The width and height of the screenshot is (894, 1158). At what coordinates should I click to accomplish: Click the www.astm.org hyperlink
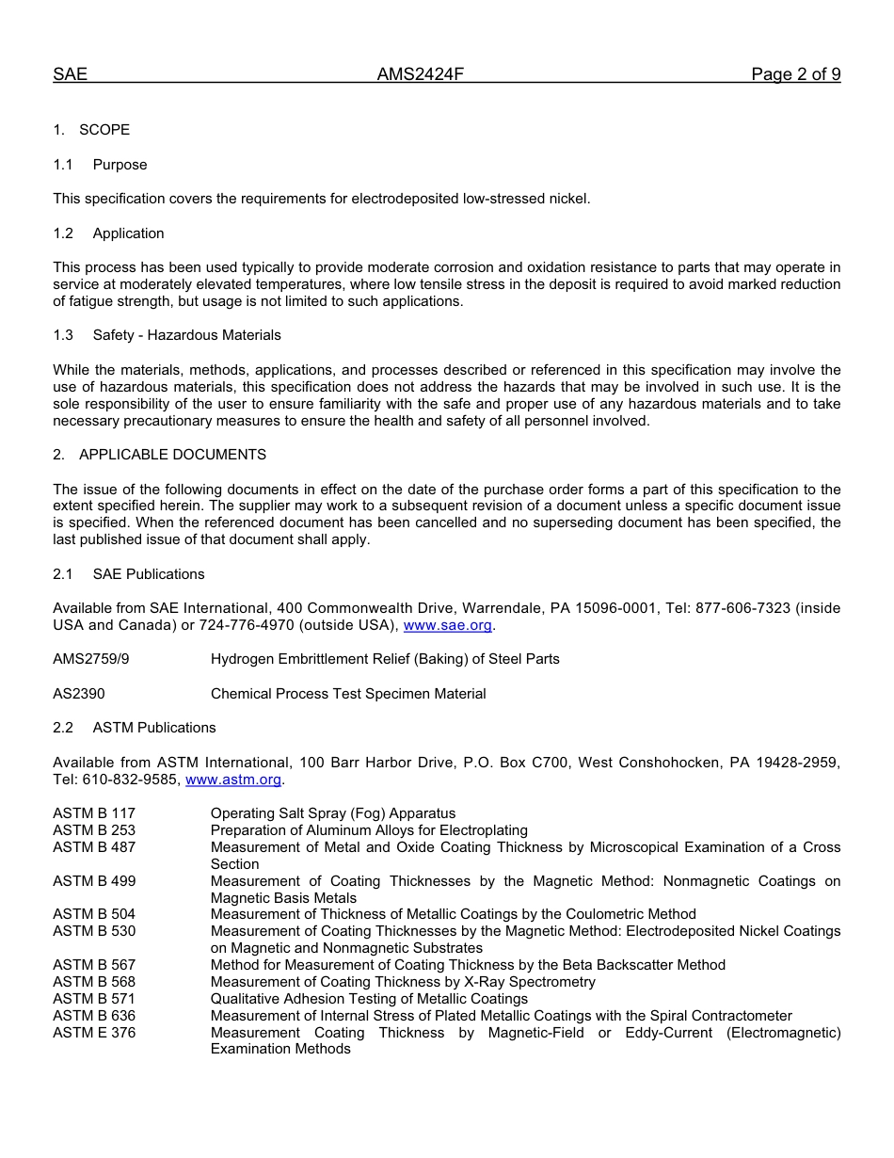tap(233, 780)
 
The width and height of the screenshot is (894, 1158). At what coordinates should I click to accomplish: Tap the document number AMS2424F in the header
tap(420, 74)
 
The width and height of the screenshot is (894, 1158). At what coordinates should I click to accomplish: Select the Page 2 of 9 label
tap(795, 74)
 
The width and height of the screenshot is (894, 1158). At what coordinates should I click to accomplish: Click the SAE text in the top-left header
tap(70, 74)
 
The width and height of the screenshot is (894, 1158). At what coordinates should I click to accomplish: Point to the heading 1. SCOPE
tap(91, 130)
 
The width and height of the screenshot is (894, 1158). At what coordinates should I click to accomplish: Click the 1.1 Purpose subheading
tap(101, 165)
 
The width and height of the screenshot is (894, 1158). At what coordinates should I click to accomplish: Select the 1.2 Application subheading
tap(108, 233)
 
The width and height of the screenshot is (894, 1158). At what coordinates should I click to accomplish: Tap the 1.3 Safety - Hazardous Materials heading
tap(167, 335)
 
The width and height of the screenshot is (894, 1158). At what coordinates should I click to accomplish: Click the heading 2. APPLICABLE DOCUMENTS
tap(159, 455)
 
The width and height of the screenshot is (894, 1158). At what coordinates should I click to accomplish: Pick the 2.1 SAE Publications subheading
tap(129, 574)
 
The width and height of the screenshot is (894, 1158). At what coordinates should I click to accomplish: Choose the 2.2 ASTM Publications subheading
tap(135, 728)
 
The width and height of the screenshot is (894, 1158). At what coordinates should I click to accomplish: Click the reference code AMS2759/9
tap(91, 659)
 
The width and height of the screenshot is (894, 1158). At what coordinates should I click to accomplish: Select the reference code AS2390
tap(79, 694)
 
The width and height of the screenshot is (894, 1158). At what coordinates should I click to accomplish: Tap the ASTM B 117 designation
tap(94, 813)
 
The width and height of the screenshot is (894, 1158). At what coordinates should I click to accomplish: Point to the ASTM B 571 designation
tap(94, 999)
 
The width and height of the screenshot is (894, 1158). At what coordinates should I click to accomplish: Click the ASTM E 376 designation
tap(94, 1033)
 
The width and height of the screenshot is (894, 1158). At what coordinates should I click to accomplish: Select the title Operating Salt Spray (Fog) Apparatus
tap(333, 813)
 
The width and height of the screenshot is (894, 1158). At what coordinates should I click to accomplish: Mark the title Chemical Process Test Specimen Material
tap(348, 694)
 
